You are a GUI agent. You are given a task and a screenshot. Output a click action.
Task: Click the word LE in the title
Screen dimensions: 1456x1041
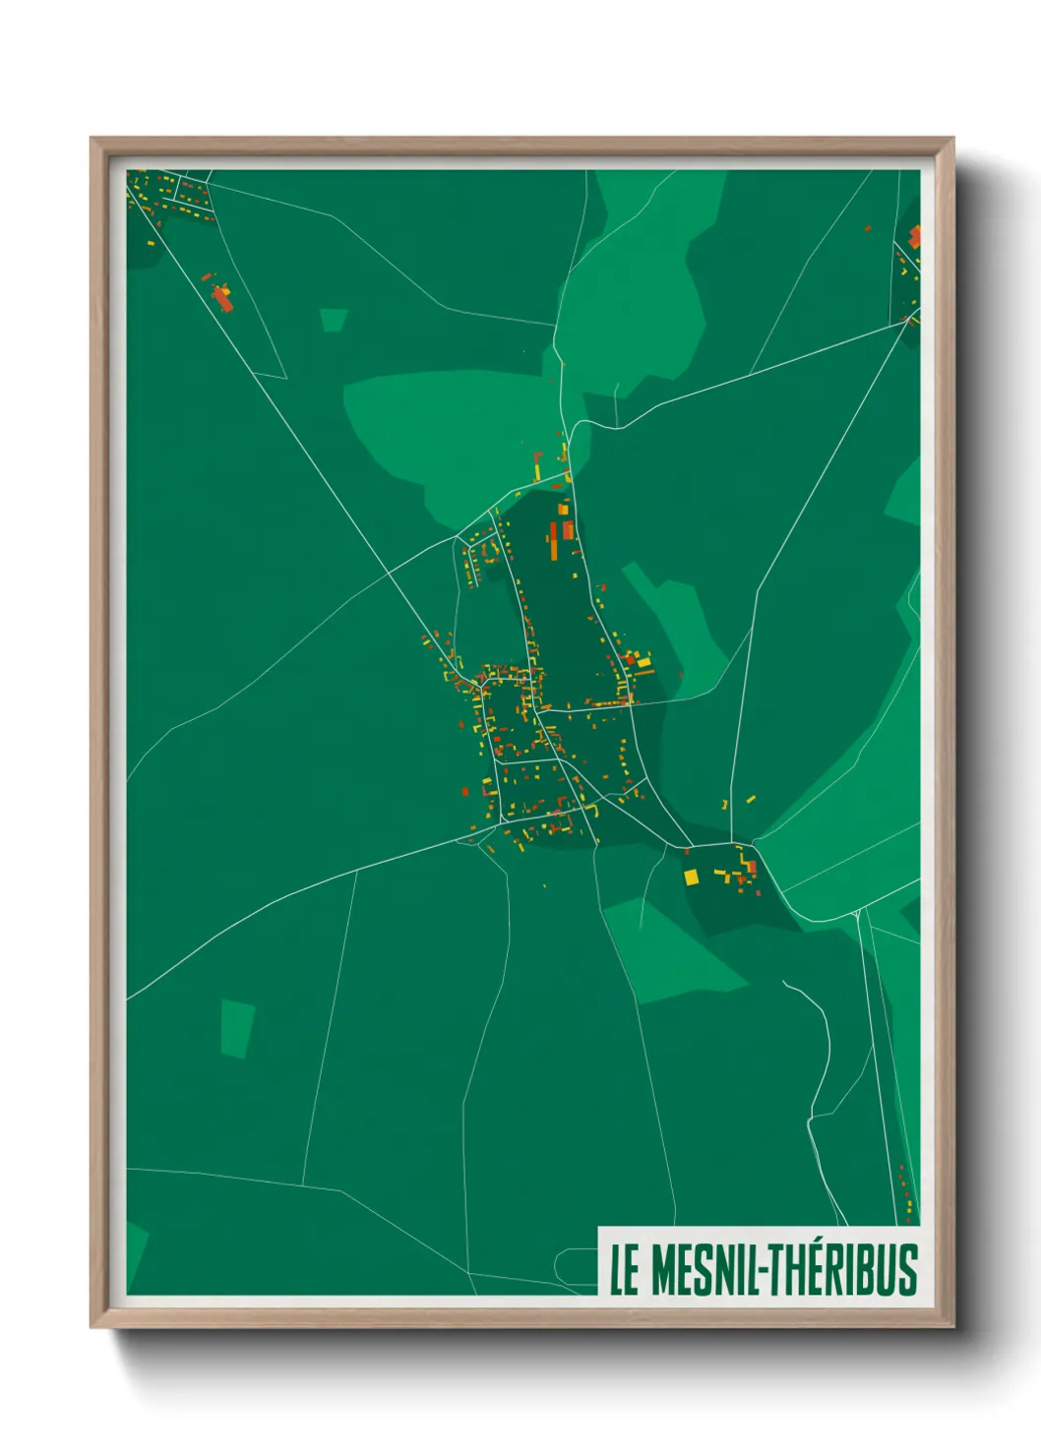click(624, 1270)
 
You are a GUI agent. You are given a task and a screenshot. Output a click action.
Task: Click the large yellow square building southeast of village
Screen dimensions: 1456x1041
click(691, 876)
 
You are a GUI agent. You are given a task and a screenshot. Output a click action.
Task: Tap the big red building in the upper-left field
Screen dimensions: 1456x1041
click(222, 298)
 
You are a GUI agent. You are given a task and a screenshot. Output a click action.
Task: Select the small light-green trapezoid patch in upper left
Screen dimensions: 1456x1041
click(334, 320)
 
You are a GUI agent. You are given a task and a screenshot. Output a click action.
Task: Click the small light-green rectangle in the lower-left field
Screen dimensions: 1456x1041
click(236, 1028)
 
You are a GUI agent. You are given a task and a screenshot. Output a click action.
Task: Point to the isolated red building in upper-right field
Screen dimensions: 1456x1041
click(868, 229)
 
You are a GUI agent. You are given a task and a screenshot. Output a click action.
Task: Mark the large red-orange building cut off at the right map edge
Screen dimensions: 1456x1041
click(915, 236)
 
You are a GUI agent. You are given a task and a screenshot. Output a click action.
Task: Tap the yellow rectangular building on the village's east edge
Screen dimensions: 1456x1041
click(643, 662)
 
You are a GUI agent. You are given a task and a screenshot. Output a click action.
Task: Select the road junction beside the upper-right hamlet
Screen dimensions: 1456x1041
click(908, 321)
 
